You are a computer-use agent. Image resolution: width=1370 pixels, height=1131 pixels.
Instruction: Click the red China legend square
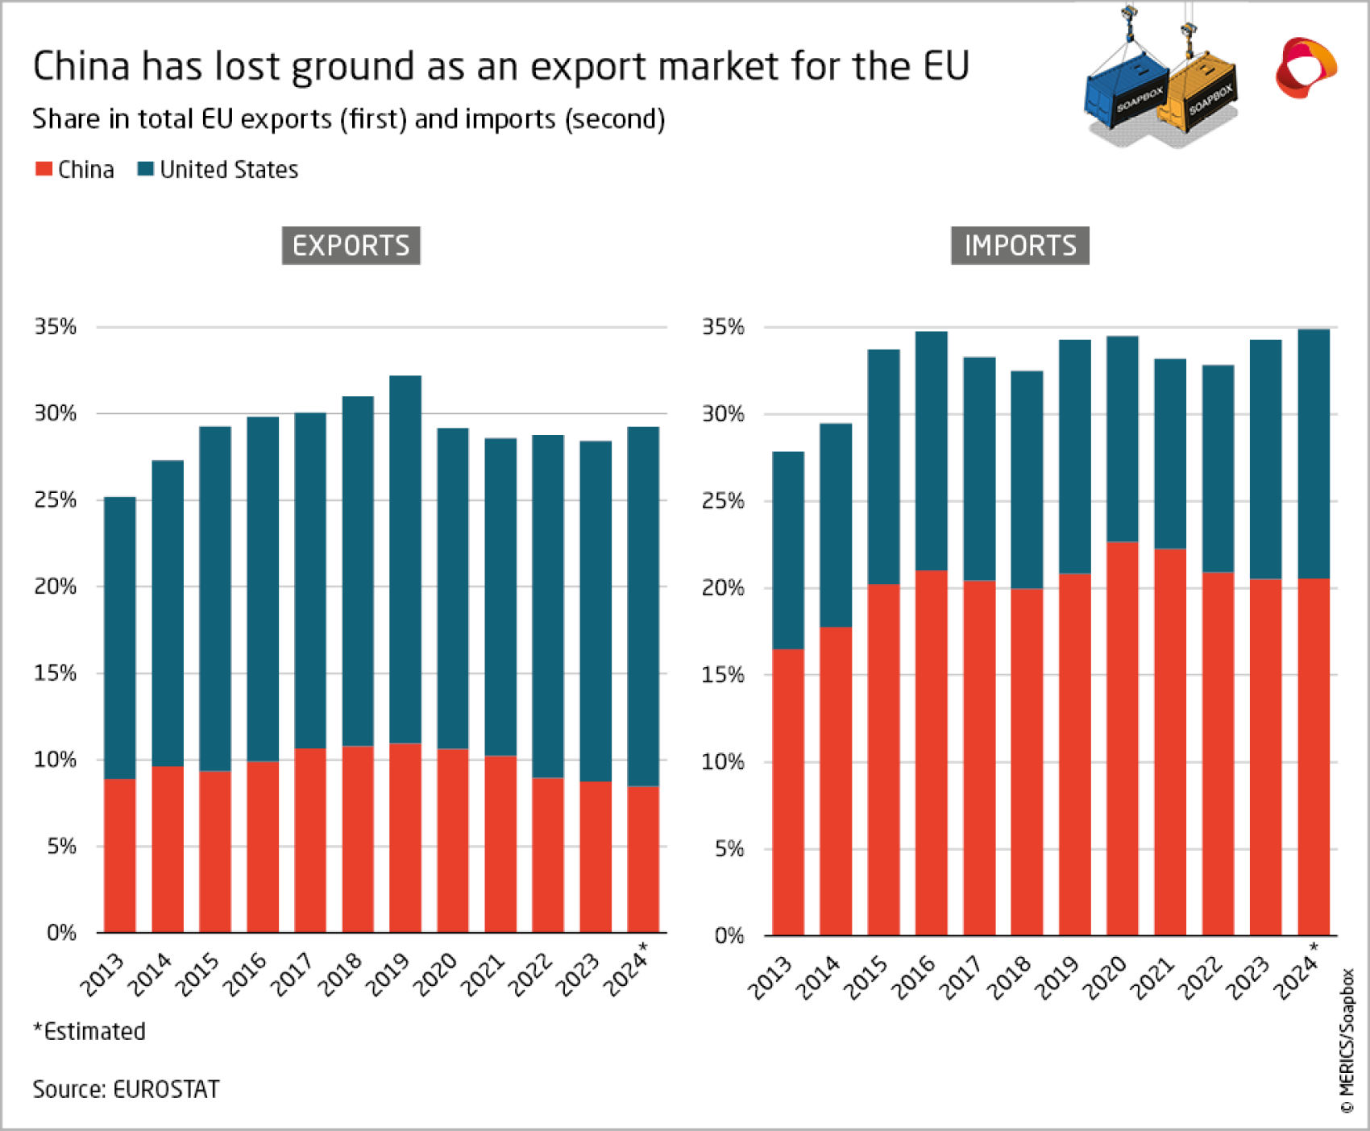tap(44, 169)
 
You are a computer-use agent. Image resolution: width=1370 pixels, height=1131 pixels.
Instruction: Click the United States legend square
tap(146, 169)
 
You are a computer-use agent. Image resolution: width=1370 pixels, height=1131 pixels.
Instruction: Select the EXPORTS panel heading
tap(351, 246)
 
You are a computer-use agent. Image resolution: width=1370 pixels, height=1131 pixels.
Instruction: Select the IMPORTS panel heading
tap(1019, 246)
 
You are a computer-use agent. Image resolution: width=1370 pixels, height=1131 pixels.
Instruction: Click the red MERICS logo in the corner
tap(1305, 68)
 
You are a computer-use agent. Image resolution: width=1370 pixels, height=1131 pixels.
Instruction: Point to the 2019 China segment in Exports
tap(405, 838)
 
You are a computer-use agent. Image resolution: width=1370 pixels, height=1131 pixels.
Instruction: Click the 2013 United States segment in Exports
tap(119, 636)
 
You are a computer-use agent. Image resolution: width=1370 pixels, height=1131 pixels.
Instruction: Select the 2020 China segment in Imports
tap(1122, 737)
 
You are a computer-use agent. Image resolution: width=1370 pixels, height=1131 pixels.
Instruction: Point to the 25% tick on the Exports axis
tap(55, 499)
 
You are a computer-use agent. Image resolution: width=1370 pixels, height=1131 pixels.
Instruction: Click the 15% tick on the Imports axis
tap(723, 674)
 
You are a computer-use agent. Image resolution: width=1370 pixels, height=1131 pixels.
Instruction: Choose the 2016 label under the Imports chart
tap(915, 976)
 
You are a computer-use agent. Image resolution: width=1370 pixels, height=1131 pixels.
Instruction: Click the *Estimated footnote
tap(89, 1031)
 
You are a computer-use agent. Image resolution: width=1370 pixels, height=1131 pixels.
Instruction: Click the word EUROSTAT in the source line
tap(166, 1089)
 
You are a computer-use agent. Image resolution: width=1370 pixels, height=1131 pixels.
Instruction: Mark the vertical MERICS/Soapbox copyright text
tap(1347, 1040)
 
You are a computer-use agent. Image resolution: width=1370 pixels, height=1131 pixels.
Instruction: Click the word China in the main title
tap(81, 66)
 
